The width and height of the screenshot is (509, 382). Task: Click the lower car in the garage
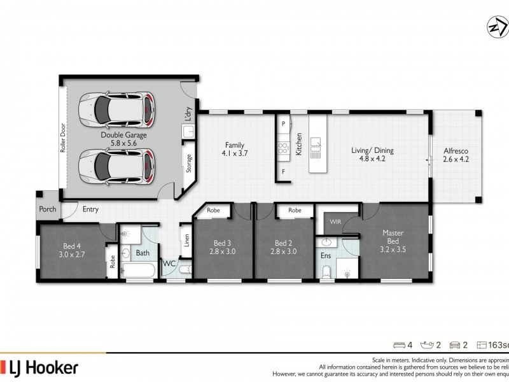[117, 166]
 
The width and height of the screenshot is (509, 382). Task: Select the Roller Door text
[63, 139]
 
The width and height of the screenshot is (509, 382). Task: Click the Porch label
[48, 209]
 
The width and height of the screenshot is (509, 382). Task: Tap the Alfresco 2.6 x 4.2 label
[456, 155]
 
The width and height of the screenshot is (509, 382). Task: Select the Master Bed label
[393, 241]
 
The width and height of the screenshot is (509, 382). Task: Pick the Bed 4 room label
[71, 250]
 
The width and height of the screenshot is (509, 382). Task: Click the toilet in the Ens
[326, 271]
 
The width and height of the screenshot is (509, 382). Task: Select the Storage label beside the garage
[189, 164]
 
